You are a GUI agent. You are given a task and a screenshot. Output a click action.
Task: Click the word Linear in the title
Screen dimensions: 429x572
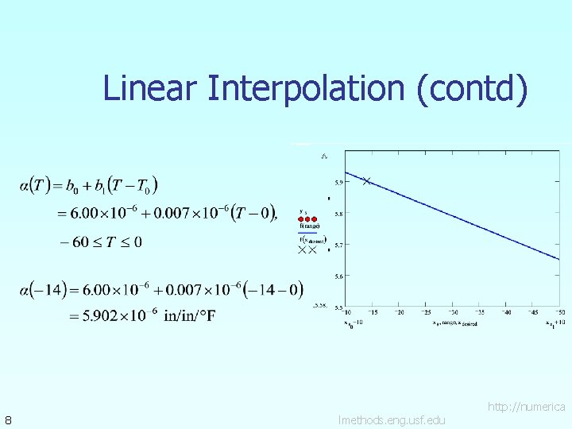(x=151, y=88)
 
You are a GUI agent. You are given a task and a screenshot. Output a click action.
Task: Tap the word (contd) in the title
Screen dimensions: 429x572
(x=472, y=88)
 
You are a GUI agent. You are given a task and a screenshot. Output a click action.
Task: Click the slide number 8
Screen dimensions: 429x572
(x=7, y=419)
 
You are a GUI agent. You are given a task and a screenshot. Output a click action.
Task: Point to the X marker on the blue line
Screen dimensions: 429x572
(x=366, y=181)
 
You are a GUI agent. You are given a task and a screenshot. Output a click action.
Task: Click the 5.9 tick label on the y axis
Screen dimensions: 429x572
(x=338, y=182)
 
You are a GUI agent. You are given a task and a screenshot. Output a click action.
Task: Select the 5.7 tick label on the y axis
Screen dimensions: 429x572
(x=338, y=245)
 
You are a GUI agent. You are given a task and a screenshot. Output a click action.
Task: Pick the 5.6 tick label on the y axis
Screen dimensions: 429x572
(x=338, y=276)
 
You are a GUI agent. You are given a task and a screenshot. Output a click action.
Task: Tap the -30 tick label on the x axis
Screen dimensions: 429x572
(x=454, y=312)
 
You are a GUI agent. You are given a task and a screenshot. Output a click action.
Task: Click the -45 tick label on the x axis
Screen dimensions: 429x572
(x=534, y=312)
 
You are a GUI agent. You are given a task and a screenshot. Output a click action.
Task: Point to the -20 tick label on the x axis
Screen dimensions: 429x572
(x=400, y=312)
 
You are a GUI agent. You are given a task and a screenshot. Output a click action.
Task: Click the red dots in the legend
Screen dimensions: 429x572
(x=308, y=218)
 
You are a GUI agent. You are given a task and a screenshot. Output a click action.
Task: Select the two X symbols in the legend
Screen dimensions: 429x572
(x=307, y=249)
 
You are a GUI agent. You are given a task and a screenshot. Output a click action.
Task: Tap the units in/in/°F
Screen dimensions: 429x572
(x=189, y=316)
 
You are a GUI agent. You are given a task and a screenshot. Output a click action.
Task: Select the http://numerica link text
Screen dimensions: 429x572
(x=526, y=407)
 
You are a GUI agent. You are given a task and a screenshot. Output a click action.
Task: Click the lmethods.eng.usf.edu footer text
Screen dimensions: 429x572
(x=391, y=419)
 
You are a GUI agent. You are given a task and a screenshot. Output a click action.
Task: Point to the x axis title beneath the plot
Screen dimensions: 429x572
(x=454, y=323)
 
